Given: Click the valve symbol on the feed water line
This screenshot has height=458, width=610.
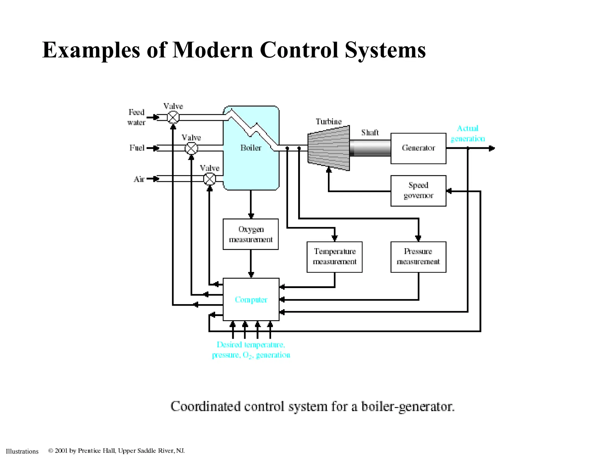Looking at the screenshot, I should coord(173,117).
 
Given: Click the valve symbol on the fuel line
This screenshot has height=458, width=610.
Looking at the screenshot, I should coord(191,148).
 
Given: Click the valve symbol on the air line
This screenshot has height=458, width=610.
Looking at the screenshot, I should coord(209,179).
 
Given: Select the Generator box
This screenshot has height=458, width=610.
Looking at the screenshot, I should coord(418,148).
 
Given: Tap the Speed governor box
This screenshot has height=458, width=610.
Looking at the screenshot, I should coord(418,191).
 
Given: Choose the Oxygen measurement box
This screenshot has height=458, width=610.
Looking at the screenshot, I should coord(250,234).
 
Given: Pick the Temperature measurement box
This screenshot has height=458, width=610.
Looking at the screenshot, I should coord(334,257).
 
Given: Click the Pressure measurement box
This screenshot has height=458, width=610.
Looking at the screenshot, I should coord(418,257).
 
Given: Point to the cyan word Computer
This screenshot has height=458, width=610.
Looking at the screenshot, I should coord(251,300).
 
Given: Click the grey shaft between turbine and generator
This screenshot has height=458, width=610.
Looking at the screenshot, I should coord(370,148).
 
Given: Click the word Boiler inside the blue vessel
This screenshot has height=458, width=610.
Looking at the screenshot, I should coord(251,148).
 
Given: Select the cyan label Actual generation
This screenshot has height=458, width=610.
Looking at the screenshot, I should coord(468,134).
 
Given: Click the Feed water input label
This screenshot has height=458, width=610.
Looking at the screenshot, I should coord(136,117).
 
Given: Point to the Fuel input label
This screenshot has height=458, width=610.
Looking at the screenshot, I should coord(137,148).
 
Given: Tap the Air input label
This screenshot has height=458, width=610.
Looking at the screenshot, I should coord(139,179).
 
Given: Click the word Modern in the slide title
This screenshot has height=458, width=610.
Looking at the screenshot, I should coord(213,50).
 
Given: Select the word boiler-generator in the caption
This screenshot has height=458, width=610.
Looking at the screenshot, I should coord(408,407).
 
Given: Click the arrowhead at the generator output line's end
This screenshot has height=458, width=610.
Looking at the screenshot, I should coord(492,148).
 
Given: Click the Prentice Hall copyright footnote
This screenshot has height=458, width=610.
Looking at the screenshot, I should coord(116,451).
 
